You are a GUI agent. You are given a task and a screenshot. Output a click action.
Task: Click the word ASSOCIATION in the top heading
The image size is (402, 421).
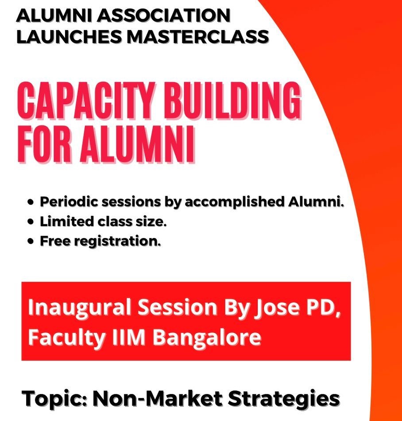pyautogui.click(x=163, y=16)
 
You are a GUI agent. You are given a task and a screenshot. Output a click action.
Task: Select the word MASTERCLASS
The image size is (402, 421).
pyautogui.click(x=197, y=36)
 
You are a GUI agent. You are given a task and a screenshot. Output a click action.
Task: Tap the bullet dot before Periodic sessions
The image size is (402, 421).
pyautogui.click(x=31, y=202)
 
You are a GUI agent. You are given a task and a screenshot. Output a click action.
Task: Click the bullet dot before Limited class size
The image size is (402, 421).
pyautogui.click(x=31, y=222)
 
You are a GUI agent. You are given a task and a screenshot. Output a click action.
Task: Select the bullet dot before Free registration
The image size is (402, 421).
pyautogui.click(x=31, y=241)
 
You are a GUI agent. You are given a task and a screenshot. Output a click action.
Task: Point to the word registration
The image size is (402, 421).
pyautogui.click(x=117, y=242)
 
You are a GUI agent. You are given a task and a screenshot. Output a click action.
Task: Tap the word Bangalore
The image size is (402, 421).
pyautogui.click(x=207, y=338)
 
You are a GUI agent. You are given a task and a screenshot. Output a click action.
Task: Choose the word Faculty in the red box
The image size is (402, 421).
pyautogui.click(x=66, y=338)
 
